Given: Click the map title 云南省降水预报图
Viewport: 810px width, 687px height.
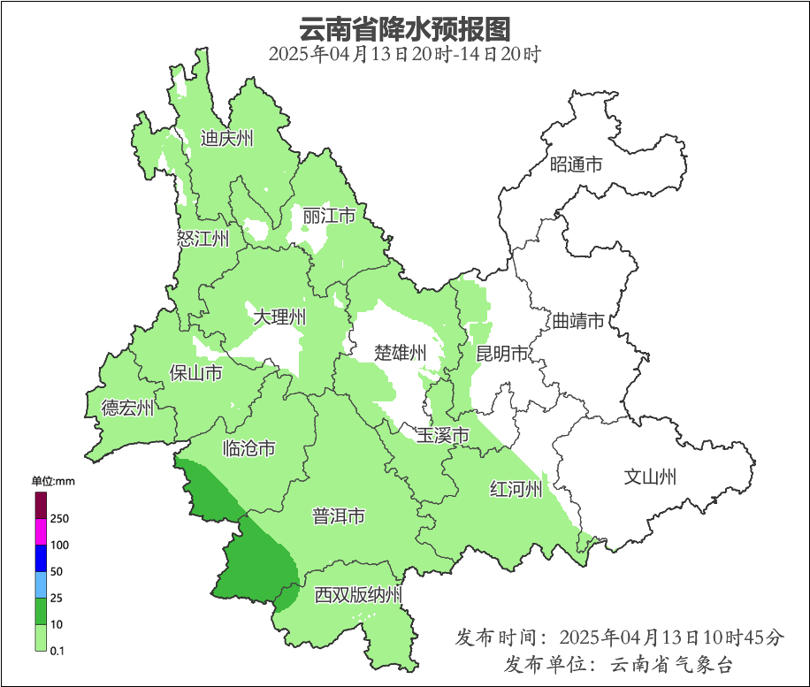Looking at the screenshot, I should point(404,28).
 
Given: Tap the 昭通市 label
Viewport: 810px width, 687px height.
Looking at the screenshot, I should point(576,164).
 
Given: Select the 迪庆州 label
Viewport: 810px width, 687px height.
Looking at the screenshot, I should point(226,138).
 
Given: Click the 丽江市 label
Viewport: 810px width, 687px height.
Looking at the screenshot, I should point(329,216).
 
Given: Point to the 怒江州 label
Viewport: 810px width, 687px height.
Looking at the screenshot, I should point(202,238).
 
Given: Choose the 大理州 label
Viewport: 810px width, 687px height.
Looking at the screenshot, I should point(279,317).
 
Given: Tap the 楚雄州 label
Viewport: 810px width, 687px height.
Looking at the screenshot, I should point(400,353).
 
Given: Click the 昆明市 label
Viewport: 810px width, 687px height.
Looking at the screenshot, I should point(501,354).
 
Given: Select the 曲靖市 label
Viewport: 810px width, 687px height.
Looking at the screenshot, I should point(578,320).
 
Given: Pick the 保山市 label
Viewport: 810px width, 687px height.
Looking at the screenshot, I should point(195,373).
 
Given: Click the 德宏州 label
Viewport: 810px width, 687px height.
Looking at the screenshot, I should point(127,408).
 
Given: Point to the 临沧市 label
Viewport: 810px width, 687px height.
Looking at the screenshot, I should point(249,448).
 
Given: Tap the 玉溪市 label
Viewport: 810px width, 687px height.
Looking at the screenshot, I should point(442,435).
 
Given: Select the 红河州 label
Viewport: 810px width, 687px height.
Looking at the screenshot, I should point(516,489).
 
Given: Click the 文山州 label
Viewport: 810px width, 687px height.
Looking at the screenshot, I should point(650,477).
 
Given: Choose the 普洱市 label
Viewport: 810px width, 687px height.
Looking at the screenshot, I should point(339,516).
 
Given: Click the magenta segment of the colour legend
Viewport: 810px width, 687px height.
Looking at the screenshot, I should point(41,531).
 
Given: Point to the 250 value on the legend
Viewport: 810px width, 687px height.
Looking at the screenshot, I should point(60,519).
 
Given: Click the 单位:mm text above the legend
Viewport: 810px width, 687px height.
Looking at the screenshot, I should point(53,481).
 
